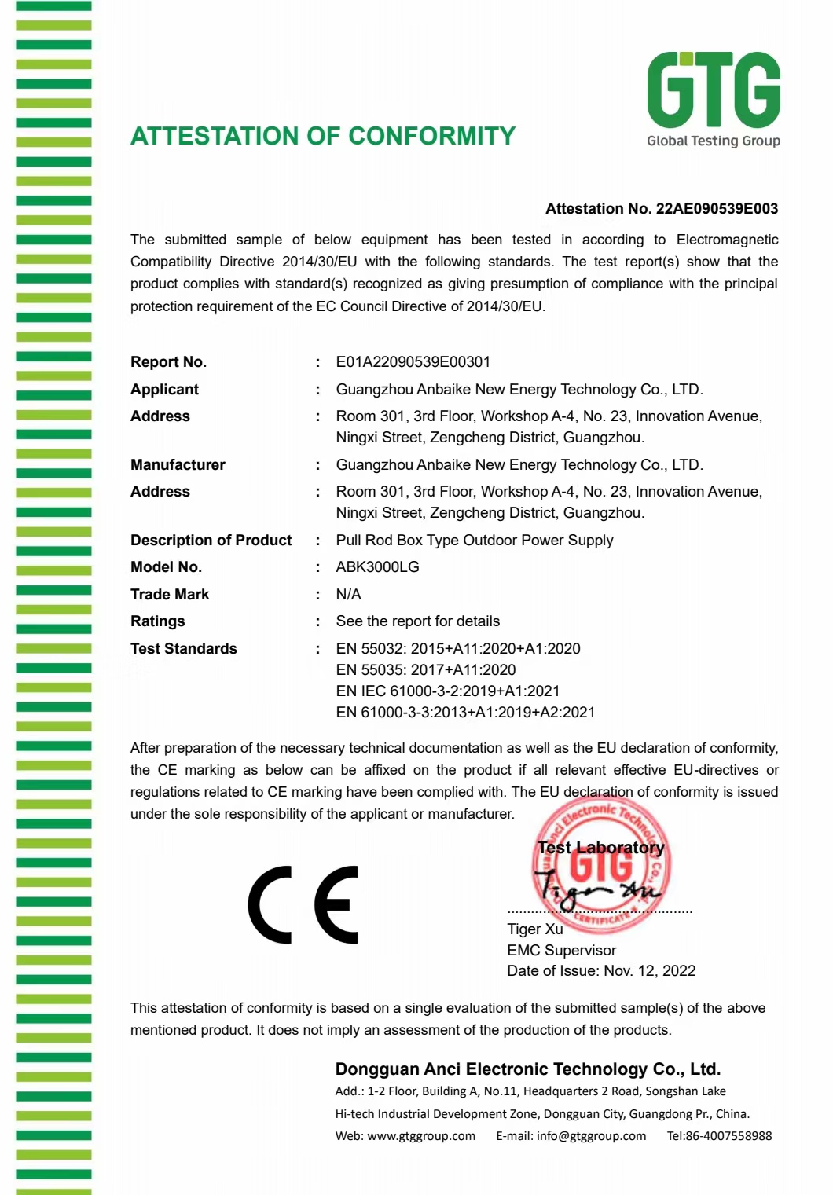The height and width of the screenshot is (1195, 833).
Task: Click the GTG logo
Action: tap(713, 98)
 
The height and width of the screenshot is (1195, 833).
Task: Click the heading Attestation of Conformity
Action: tap(323, 136)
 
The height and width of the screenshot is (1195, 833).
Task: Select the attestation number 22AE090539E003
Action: tap(717, 209)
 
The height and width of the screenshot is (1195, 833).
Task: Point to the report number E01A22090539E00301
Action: tap(413, 362)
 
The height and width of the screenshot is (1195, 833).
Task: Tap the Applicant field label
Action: tap(164, 390)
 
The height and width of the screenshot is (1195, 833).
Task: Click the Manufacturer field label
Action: tap(178, 465)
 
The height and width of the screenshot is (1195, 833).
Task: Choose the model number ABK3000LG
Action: tap(377, 567)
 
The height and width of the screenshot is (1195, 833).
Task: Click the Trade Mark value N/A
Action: tap(348, 595)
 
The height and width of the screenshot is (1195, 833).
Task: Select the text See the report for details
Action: tap(417, 621)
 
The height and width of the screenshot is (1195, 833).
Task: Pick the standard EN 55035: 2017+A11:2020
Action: tap(426, 670)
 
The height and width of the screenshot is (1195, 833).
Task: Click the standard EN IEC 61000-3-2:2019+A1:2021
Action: tap(448, 691)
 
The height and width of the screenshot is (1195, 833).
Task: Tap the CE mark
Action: tap(303, 905)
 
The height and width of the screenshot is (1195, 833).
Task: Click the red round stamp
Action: tap(602, 865)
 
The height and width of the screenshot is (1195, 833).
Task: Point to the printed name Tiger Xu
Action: tap(535, 929)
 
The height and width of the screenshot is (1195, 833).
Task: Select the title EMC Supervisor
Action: tap(561, 951)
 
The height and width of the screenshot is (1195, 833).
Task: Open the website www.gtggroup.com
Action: tap(421, 1136)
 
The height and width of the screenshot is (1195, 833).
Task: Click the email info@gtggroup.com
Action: tap(591, 1136)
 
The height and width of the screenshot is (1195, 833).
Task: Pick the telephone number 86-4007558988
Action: tap(728, 1136)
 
